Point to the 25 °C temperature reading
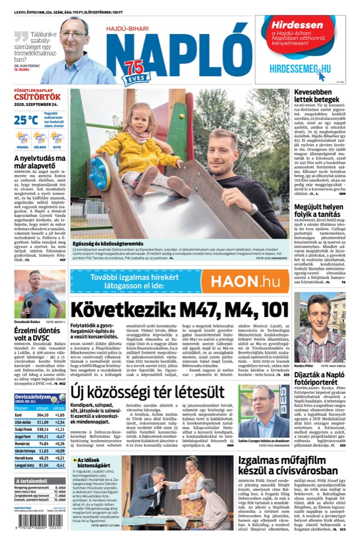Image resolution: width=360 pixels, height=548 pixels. pos(27,120)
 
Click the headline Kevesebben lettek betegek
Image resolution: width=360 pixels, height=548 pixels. pos(320,96)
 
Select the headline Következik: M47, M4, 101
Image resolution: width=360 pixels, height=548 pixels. pos(179,310)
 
